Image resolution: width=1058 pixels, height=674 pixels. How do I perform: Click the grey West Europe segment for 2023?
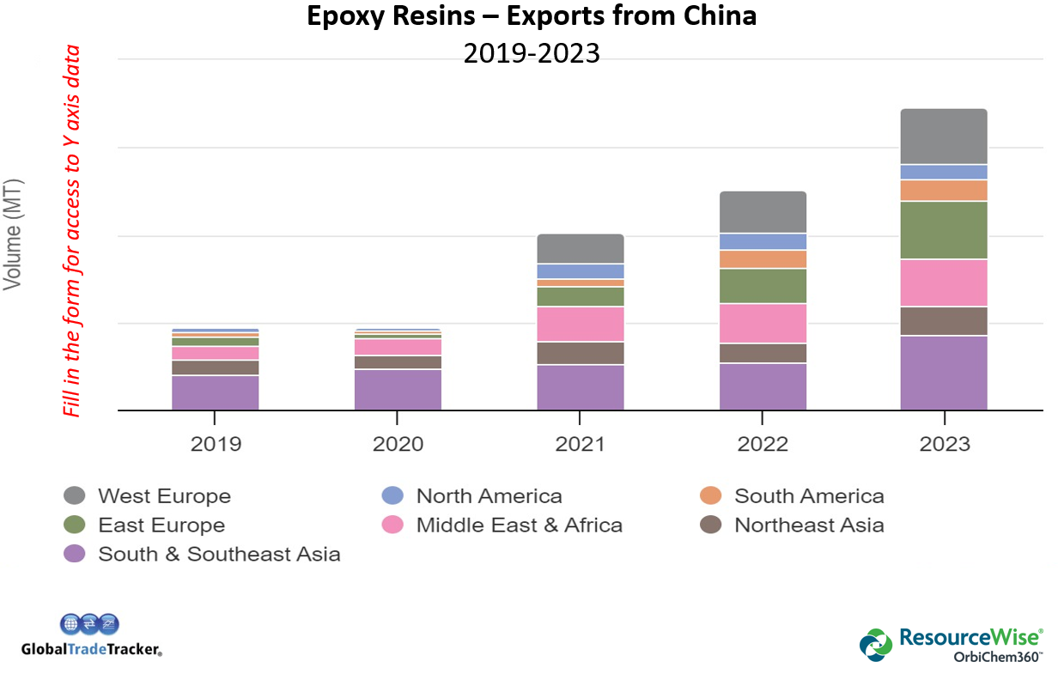(x=943, y=136)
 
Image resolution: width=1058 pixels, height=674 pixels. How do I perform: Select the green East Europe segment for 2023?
(x=943, y=229)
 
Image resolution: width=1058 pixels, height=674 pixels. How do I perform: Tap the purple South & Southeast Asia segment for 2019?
(x=216, y=392)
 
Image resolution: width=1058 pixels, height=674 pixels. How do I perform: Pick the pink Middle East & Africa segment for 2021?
(x=580, y=324)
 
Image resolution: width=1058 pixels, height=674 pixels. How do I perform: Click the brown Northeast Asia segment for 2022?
(x=763, y=353)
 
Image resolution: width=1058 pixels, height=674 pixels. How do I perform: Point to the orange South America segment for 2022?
(x=763, y=258)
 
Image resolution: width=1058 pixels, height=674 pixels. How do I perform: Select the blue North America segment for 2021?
(x=580, y=271)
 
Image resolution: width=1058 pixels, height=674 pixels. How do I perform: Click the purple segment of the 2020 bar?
(x=398, y=390)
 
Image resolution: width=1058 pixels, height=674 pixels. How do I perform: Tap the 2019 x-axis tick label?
(x=216, y=444)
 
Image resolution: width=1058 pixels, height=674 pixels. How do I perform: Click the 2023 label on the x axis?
(x=943, y=444)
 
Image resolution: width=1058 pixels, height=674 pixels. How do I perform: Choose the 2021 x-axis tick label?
(x=580, y=444)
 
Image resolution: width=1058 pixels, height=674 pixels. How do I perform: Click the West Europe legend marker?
(x=75, y=495)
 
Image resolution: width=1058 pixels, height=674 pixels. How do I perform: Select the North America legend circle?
(x=392, y=495)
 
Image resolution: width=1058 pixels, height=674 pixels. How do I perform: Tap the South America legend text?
(x=808, y=495)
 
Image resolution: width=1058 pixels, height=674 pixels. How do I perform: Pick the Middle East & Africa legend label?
(x=519, y=525)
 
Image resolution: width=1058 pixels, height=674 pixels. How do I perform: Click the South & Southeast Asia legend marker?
(x=75, y=554)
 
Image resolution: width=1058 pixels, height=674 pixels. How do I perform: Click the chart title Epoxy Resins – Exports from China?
(x=532, y=15)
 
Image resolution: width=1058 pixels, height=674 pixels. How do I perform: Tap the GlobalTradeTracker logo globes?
(x=89, y=624)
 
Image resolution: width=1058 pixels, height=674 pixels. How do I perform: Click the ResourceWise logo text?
(x=970, y=637)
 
